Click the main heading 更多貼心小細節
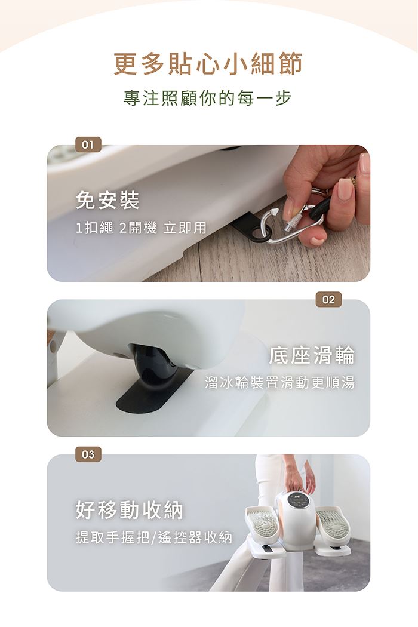coord(208,63)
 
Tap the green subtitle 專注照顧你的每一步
coord(208,99)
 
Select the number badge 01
coord(88,145)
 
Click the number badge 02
coord(328,300)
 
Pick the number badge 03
coord(88,454)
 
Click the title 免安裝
coord(107,200)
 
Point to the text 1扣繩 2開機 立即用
coord(141,228)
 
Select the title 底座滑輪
coord(312,355)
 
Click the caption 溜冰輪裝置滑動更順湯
coord(279,383)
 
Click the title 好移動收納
coord(129,510)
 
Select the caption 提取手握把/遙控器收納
coord(154,537)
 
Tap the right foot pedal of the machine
coord(333,524)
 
